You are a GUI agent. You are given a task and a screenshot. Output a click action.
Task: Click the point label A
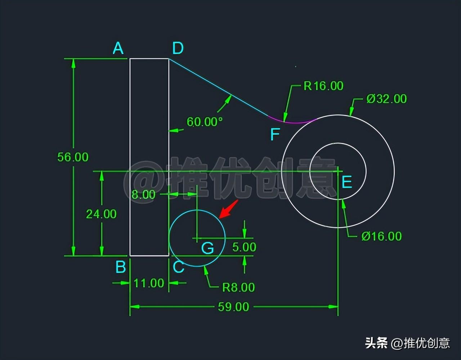pyautogui.click(x=118, y=48)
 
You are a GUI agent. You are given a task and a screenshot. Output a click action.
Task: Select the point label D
pyautogui.click(x=178, y=48)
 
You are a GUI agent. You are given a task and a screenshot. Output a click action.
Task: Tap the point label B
pyautogui.click(x=121, y=267)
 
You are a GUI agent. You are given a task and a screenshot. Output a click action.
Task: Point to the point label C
pyautogui.click(x=179, y=267)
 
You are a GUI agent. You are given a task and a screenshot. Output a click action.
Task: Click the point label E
pyautogui.click(x=346, y=182)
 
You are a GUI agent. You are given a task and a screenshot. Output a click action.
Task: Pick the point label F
pyautogui.click(x=275, y=135)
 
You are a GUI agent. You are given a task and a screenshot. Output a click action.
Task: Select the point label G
pyautogui.click(x=207, y=248)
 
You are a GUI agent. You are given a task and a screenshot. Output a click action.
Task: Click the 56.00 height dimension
pyautogui.click(x=73, y=157)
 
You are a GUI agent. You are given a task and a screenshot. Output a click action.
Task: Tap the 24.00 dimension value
pyautogui.click(x=101, y=214)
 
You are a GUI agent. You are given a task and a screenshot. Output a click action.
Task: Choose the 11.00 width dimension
pyautogui.click(x=149, y=283)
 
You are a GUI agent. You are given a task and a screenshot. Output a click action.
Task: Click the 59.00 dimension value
pyautogui.click(x=233, y=307)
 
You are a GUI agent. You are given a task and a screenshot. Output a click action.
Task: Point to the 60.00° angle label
pyautogui.click(x=205, y=122)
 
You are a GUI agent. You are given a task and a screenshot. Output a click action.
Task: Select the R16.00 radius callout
pyautogui.click(x=323, y=86)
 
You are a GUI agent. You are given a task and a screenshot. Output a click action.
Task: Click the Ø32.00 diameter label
pyautogui.click(x=386, y=99)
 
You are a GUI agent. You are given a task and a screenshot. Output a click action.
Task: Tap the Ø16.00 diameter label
pyautogui.click(x=381, y=236)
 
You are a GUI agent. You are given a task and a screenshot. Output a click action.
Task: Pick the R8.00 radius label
pyautogui.click(x=238, y=287)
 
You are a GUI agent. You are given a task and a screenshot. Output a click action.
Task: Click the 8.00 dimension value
pyautogui.click(x=143, y=194)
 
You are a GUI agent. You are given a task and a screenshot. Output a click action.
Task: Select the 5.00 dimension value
pyautogui.click(x=244, y=247)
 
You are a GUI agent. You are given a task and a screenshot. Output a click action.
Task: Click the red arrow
pyautogui.click(x=229, y=209)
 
